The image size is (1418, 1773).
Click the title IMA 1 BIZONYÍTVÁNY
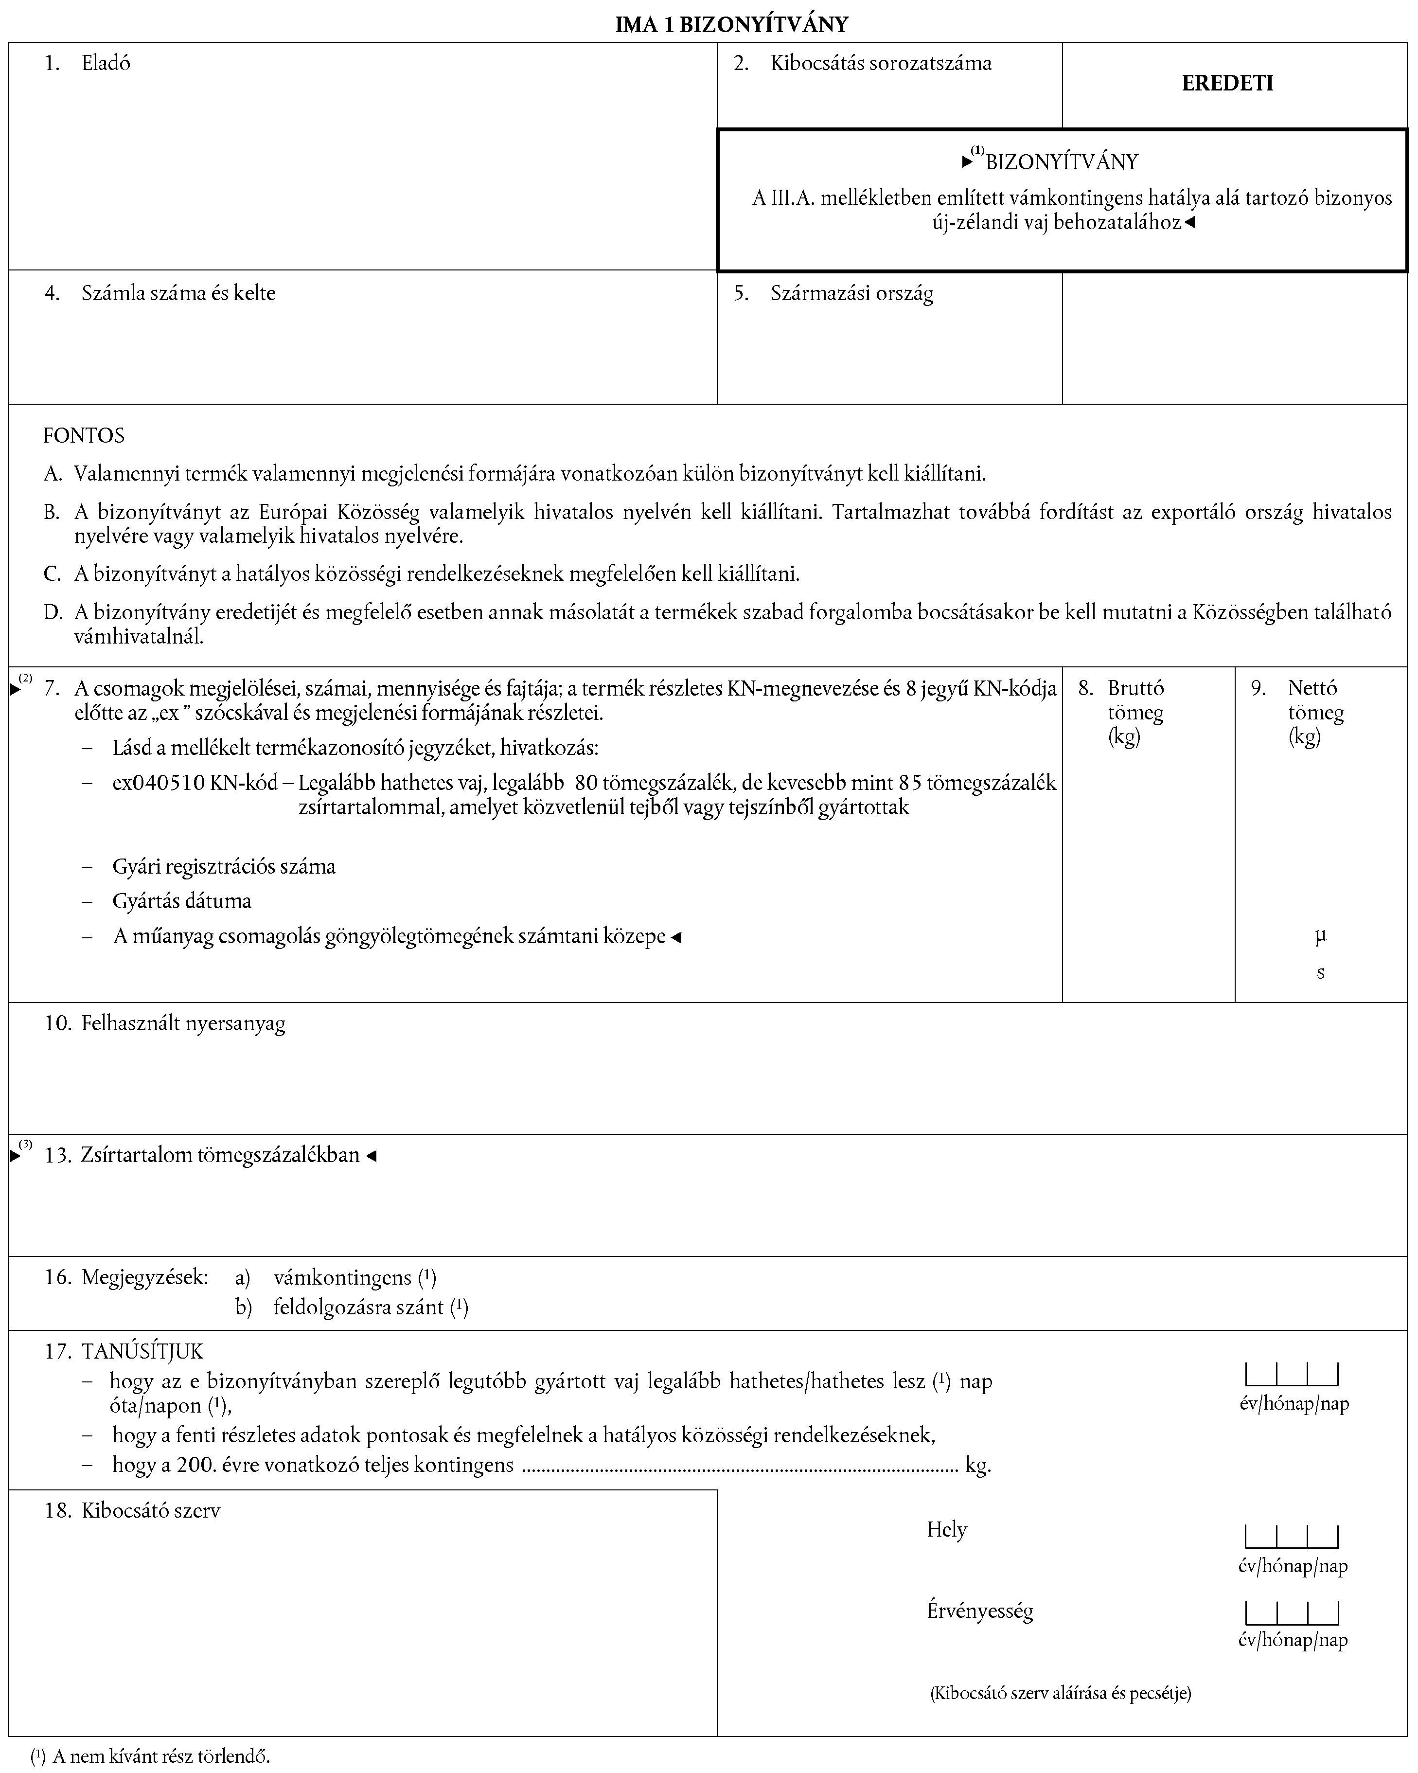(x=731, y=25)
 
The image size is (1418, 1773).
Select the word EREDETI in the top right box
(x=1227, y=83)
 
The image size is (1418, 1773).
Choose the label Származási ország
(x=851, y=294)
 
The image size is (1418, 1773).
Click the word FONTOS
(x=84, y=435)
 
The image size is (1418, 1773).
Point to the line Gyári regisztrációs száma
(x=224, y=866)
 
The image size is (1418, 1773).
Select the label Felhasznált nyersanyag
(x=182, y=1024)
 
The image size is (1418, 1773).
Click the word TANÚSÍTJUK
(x=142, y=1351)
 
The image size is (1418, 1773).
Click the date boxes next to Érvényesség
(x=1292, y=1612)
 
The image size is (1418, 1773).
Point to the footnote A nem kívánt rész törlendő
(x=161, y=1756)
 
